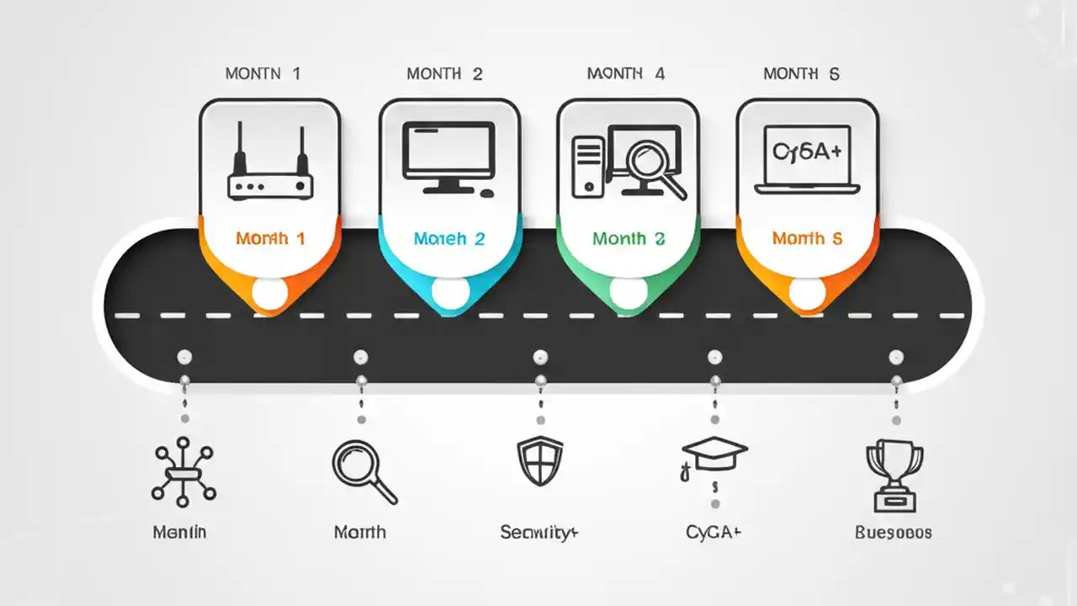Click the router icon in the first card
coord(270,163)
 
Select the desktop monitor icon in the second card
coord(448,152)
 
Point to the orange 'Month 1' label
coord(270,238)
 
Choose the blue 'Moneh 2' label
coord(449,238)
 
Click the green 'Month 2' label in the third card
coord(629,238)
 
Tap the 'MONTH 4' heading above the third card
coord(626,74)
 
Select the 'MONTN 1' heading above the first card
coord(263,74)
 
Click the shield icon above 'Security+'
coord(539,461)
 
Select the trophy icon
coord(894,476)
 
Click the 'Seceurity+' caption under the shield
coord(539,532)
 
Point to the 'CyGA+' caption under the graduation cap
coord(714,532)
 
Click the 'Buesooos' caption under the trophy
coord(894,532)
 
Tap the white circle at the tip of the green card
coord(628,292)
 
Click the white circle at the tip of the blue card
coord(449,292)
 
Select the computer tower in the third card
coord(587,167)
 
